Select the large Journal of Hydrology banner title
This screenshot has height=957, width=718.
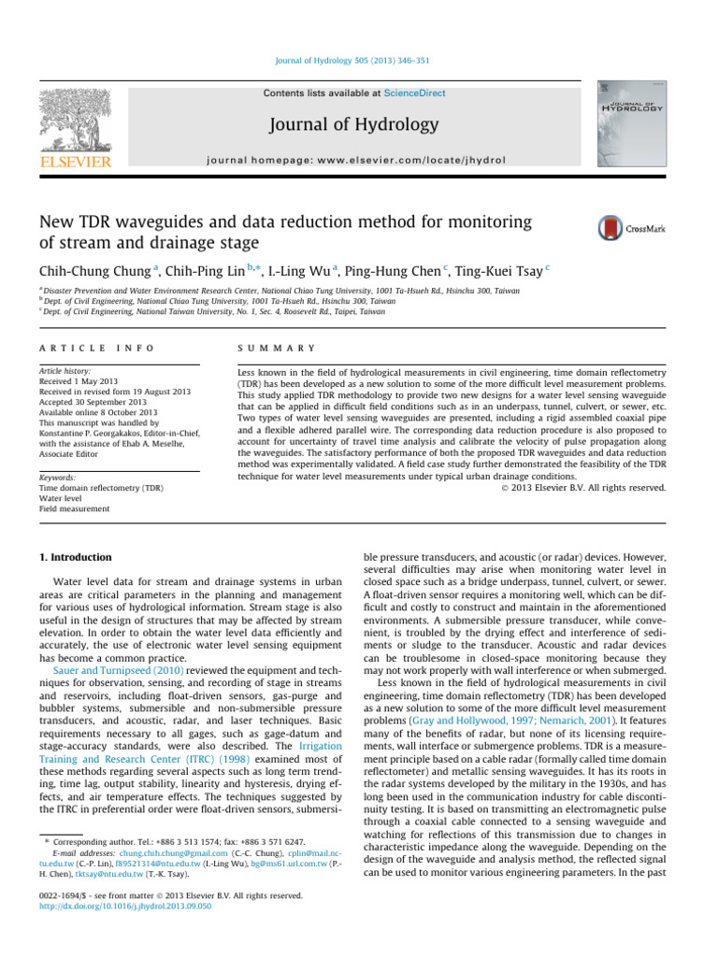pyautogui.click(x=353, y=124)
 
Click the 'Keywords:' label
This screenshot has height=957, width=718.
pyautogui.click(x=57, y=476)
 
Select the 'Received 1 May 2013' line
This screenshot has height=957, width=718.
pyautogui.click(x=81, y=381)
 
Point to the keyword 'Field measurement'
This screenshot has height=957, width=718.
pyautogui.click(x=74, y=508)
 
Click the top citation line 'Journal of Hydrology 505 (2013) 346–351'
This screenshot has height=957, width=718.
pyautogui.click(x=352, y=62)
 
